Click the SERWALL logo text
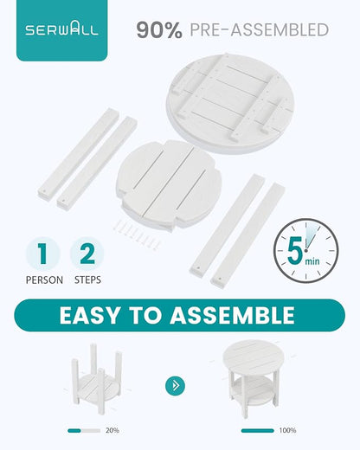61,29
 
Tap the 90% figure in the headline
159,30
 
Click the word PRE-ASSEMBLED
260,30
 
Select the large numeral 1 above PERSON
42,254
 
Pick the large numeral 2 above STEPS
87,254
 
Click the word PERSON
44,280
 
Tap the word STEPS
87,280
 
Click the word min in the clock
312,261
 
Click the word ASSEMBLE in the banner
232,316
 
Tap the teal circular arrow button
175,385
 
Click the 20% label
112,430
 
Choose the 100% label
287,430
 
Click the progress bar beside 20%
84,431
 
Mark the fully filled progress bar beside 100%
258,431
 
